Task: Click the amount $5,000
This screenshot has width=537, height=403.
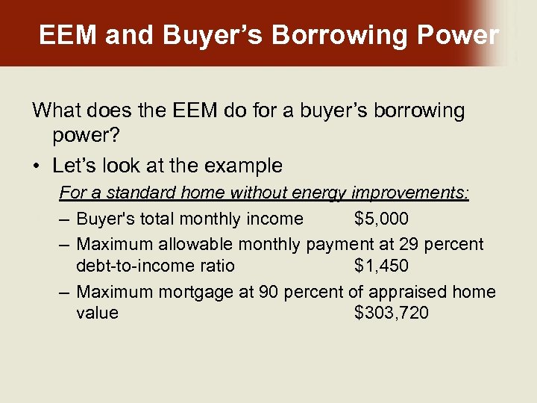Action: click(x=381, y=219)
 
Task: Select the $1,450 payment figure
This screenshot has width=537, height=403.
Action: click(x=381, y=266)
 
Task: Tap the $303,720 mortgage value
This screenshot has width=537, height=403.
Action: click(x=392, y=313)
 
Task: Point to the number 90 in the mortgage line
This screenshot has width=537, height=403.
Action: click(x=268, y=291)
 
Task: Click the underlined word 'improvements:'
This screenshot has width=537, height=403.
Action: click(x=409, y=193)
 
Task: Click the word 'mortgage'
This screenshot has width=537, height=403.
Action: click(x=194, y=291)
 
